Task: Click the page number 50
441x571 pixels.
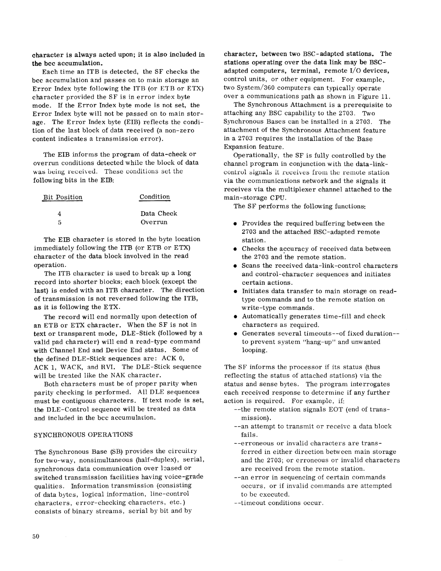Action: [36, 536]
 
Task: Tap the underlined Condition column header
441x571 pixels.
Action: [154, 197]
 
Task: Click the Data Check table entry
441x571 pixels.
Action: [159, 214]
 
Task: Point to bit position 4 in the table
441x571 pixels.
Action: [60, 214]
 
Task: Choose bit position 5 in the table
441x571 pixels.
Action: [60, 223]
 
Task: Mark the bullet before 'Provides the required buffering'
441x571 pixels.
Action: [235, 224]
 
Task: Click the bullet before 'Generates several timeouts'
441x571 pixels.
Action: [235, 334]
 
